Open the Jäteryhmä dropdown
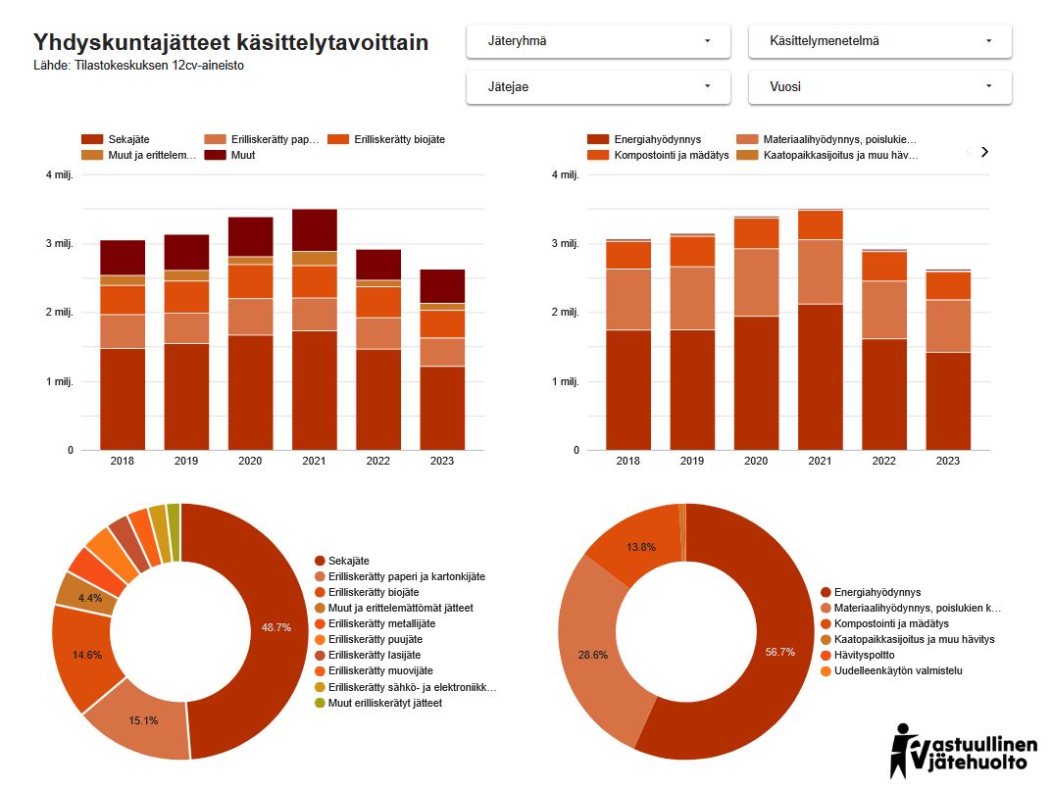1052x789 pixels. click(x=598, y=41)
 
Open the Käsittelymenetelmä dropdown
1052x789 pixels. click(x=879, y=41)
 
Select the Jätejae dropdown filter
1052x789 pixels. click(x=598, y=87)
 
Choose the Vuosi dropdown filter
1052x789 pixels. click(x=879, y=87)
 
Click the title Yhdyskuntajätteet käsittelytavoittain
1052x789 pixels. click(x=230, y=43)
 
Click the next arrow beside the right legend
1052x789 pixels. click(x=985, y=152)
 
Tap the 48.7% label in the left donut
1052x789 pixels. click(x=276, y=627)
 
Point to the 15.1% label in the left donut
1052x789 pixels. click(x=143, y=720)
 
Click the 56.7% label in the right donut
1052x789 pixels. click(x=780, y=652)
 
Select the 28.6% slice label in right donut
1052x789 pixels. click(x=592, y=654)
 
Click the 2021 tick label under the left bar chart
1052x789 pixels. click(x=314, y=461)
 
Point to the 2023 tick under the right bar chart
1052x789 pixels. click(x=947, y=461)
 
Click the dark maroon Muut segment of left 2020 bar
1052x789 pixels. click(x=250, y=236)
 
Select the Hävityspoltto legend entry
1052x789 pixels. click(x=864, y=655)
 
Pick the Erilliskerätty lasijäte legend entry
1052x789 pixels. click(x=380, y=655)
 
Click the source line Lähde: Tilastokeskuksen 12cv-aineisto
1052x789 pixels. click(x=138, y=66)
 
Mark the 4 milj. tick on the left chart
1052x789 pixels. click(x=62, y=175)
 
